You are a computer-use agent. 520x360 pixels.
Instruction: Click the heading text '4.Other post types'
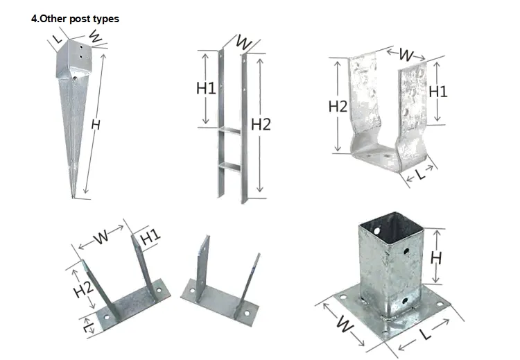tap(75, 19)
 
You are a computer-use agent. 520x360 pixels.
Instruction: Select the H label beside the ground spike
tap(95, 125)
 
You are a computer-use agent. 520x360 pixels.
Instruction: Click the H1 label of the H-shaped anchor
tap(206, 88)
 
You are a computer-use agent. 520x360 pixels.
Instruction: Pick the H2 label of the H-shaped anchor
tap(261, 124)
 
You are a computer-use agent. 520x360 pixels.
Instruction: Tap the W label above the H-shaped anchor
tap(243, 42)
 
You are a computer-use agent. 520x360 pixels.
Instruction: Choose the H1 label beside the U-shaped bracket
tap(438, 91)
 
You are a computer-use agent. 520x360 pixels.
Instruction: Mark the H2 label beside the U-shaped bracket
tap(338, 106)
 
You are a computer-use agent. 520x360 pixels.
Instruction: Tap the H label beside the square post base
tap(436, 257)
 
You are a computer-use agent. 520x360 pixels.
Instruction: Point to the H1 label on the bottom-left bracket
tap(150, 237)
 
